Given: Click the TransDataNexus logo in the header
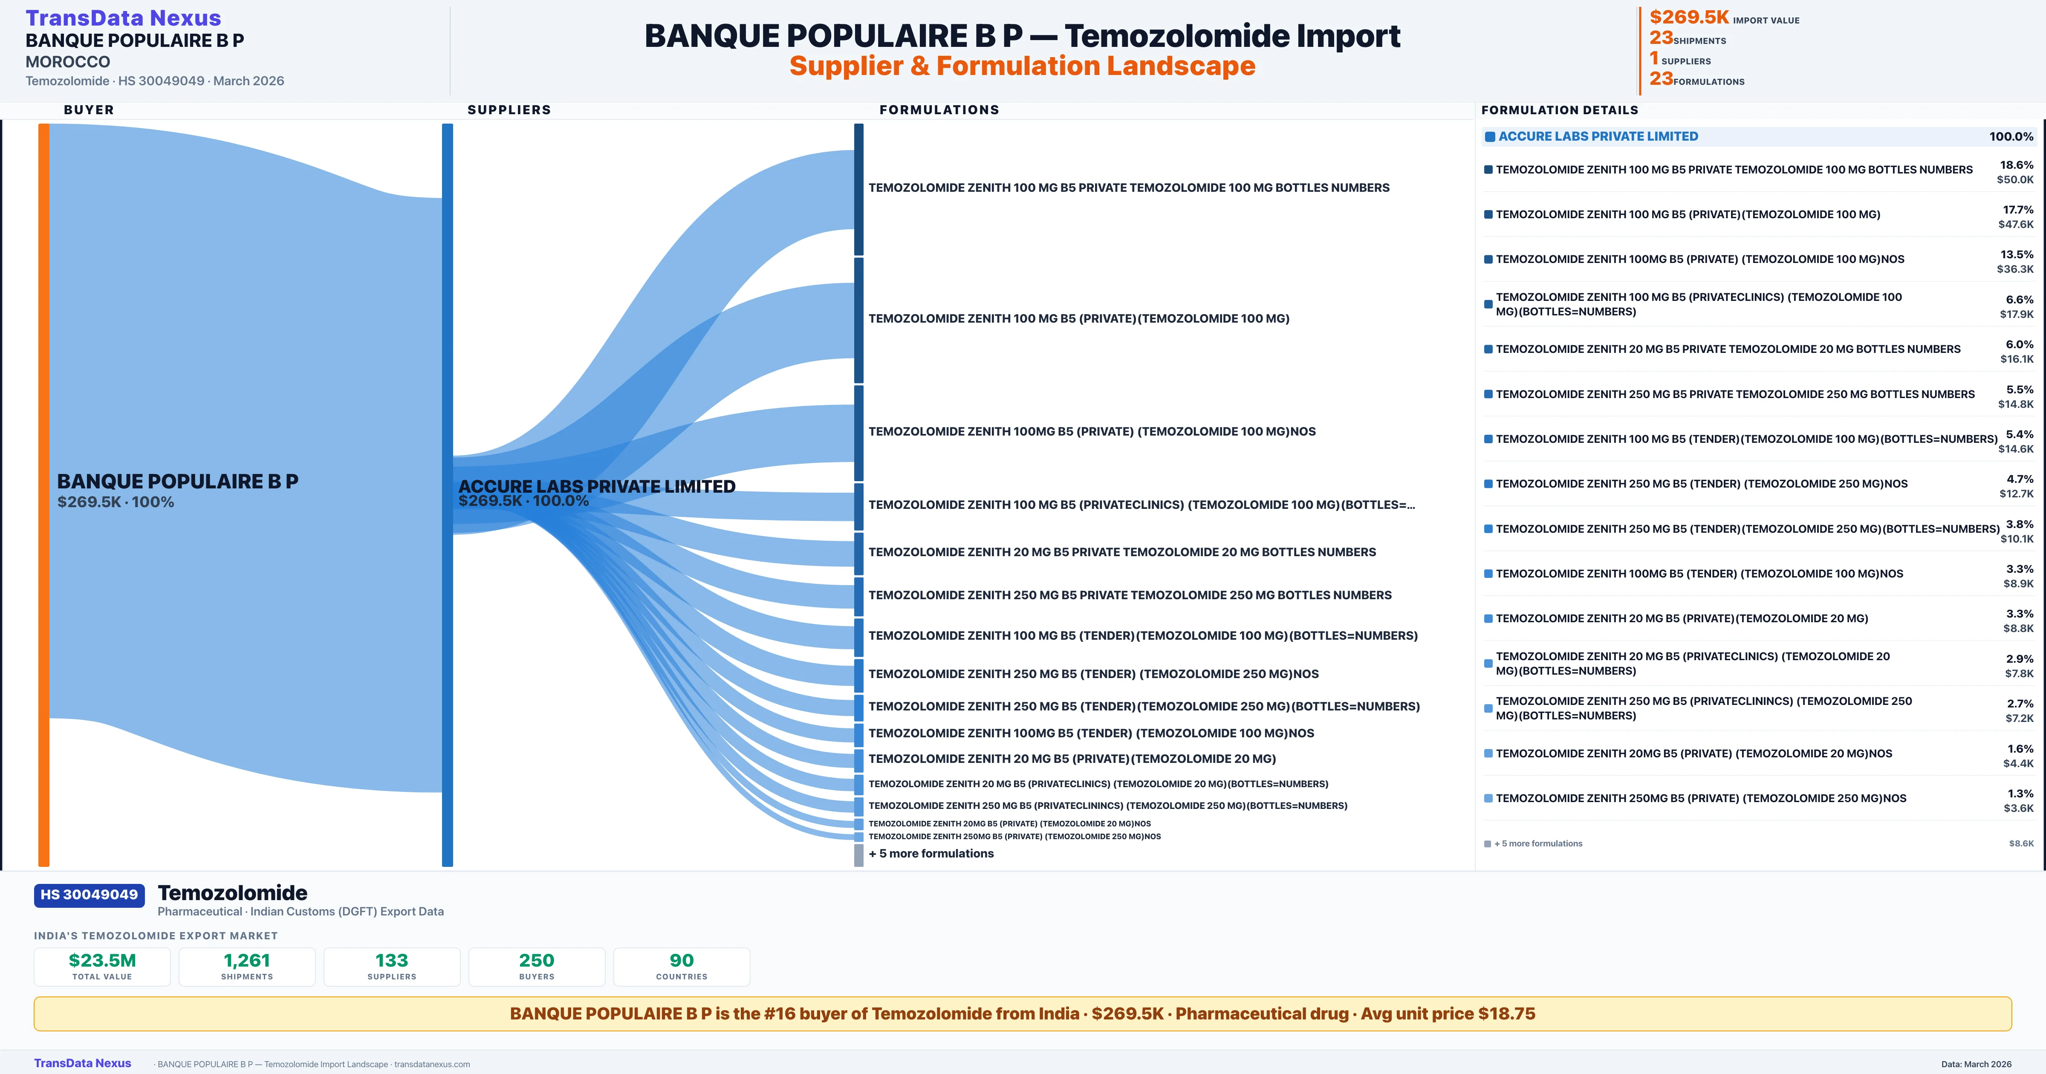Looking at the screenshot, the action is pos(123,17).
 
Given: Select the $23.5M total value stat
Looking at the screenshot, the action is pos(102,960).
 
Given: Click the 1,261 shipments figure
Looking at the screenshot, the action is pos(247,960).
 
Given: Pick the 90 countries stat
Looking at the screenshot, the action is pos(682,960).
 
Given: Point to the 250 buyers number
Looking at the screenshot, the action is pos(537,960).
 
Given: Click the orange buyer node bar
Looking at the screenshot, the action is pos(43,494).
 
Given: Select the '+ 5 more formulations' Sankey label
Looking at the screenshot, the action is pos(931,853).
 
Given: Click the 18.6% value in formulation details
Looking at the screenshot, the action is pos(2017,165).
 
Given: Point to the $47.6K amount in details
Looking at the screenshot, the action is pos(2016,224).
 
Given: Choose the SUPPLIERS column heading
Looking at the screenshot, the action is pos(509,110).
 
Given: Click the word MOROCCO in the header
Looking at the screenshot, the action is pos(67,61).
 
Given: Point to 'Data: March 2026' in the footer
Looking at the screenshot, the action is pos(1976,1064).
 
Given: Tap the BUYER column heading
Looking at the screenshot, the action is pos(89,110).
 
